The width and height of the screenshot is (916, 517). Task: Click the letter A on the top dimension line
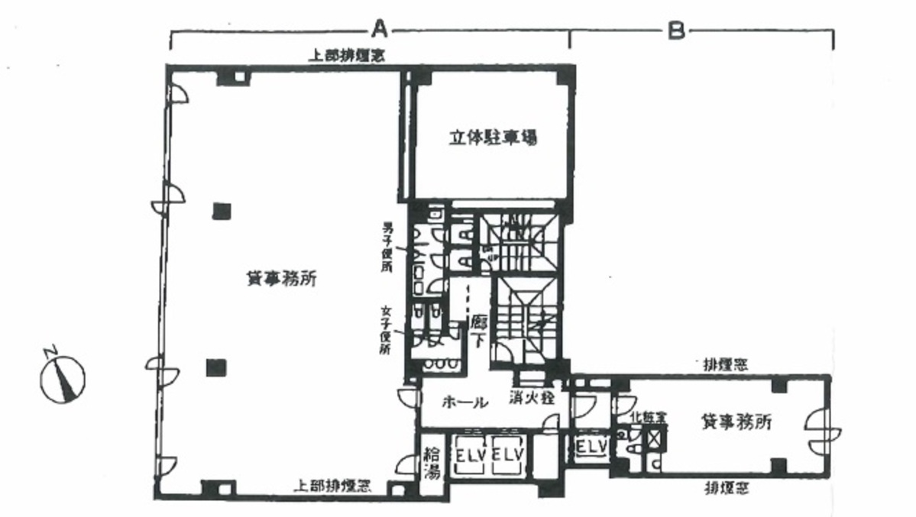click(380, 30)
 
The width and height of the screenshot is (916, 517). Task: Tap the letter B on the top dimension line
click(675, 30)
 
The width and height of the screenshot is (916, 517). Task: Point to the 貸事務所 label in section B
click(735, 422)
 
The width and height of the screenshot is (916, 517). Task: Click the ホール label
click(464, 402)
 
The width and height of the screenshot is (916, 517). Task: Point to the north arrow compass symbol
click(63, 376)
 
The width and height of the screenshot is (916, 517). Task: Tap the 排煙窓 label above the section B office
click(725, 364)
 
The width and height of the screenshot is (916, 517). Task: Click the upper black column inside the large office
click(222, 210)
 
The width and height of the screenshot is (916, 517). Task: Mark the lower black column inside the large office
click(216, 367)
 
